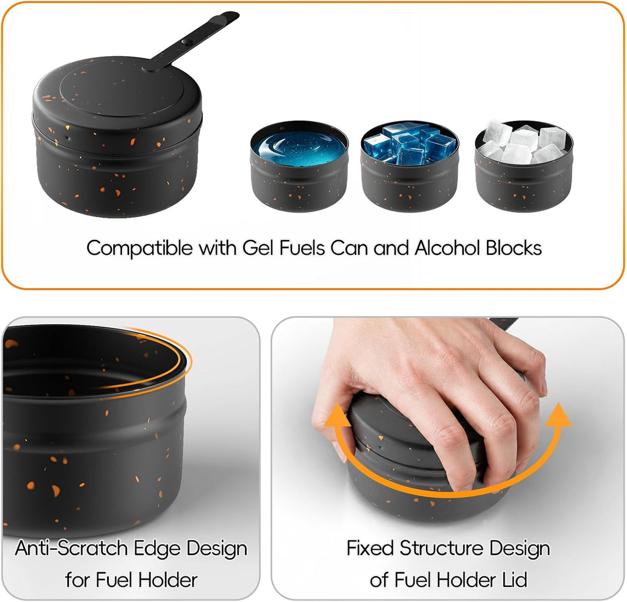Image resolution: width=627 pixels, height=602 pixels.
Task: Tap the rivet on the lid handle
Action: [187, 42]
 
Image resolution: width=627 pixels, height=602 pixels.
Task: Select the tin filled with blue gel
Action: [299, 166]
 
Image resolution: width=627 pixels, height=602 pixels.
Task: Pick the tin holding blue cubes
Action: [410, 166]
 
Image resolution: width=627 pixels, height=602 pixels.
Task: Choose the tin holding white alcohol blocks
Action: [524, 166]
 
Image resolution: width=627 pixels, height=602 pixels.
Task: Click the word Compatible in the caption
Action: [139, 249]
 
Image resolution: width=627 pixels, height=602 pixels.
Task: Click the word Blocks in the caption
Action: [514, 248]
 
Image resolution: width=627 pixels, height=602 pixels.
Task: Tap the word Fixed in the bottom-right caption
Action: [370, 548]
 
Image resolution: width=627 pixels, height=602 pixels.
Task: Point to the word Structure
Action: [441, 548]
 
